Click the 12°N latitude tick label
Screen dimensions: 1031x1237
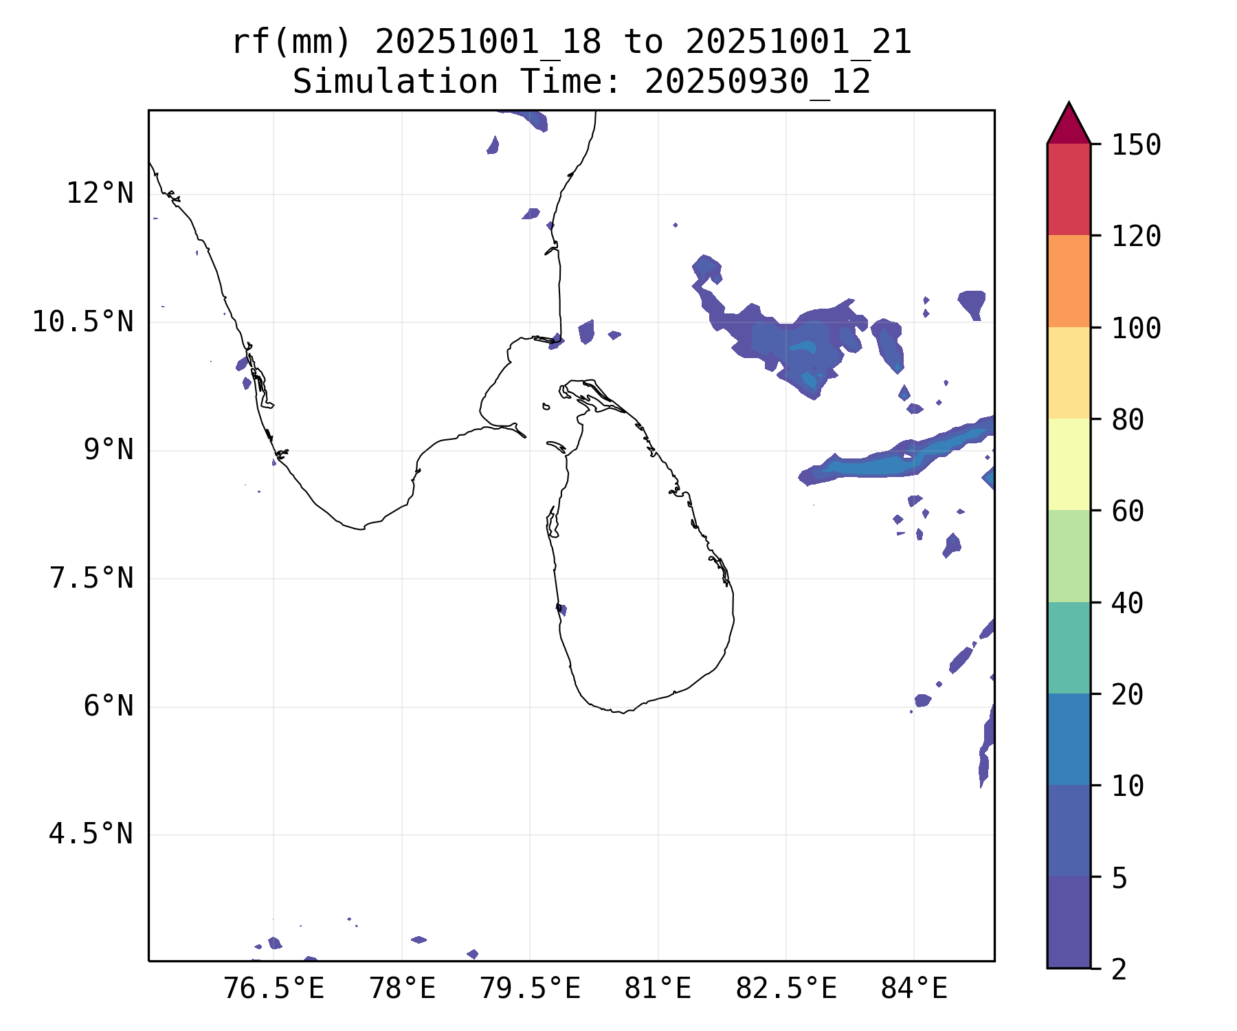point(100,194)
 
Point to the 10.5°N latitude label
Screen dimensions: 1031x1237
point(82,322)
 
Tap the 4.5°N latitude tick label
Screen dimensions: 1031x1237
point(91,834)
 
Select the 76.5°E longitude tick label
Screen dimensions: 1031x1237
point(274,989)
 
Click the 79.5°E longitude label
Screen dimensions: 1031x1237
point(530,989)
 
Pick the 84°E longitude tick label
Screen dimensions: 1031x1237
point(914,989)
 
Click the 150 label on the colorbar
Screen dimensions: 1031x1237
point(1136,145)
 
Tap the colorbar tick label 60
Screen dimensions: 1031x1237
point(1127,511)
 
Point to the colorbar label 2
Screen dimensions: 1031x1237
point(1119,969)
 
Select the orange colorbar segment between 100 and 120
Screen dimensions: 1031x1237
point(1069,281)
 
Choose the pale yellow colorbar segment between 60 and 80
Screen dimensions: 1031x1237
point(1069,464)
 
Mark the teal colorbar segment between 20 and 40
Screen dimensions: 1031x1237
point(1069,647)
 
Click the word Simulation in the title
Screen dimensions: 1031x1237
point(395,82)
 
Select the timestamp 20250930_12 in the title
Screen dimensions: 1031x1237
point(757,82)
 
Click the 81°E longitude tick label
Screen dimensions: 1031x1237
point(658,989)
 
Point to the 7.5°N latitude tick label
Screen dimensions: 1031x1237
point(91,578)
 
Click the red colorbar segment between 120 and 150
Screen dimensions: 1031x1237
point(1069,189)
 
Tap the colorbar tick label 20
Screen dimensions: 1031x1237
point(1127,694)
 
